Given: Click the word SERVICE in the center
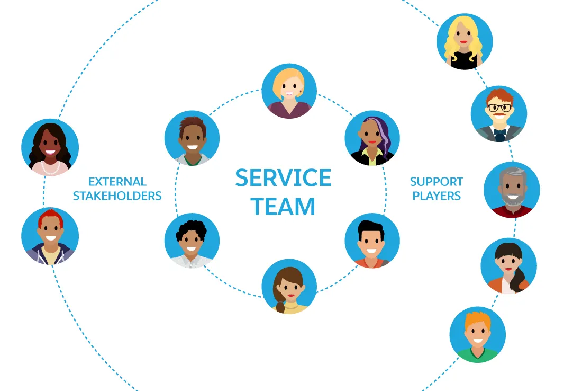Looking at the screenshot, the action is click(x=283, y=178).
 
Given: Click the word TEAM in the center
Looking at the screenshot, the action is click(x=283, y=206).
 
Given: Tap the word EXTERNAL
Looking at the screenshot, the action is click(x=117, y=182).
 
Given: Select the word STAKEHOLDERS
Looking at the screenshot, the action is click(x=117, y=196).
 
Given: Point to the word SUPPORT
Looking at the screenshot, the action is click(x=436, y=182).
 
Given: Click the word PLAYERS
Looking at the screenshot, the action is click(x=436, y=196).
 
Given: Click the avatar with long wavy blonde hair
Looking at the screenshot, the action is click(x=465, y=42).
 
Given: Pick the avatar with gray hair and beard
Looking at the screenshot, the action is click(x=512, y=190).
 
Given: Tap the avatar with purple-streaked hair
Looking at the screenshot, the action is click(x=372, y=138).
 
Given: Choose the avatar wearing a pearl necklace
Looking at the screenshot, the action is click(x=50, y=147).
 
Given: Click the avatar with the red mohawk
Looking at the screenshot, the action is click(x=50, y=236).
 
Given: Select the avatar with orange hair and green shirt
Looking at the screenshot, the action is click(x=477, y=334).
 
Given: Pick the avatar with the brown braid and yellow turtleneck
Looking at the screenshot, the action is click(x=289, y=287).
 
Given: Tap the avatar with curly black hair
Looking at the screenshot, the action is click(x=192, y=241).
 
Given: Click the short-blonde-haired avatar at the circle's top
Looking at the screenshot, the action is click(x=289, y=91).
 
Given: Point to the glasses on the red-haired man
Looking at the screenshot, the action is click(x=499, y=108).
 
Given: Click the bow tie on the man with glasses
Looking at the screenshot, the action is click(x=499, y=132).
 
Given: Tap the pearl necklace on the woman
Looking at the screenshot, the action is click(x=51, y=168).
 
